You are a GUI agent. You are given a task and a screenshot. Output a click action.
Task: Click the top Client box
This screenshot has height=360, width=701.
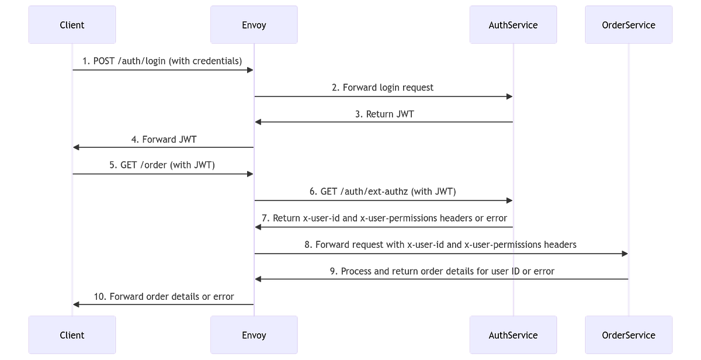tap(72, 25)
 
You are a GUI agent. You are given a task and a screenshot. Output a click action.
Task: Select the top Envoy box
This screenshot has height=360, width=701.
tap(254, 25)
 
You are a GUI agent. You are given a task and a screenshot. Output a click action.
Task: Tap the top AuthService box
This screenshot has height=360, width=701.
tap(513, 25)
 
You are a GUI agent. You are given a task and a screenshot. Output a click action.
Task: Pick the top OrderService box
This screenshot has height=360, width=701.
tap(629, 25)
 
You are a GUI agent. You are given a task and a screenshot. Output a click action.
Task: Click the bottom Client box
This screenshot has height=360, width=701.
tap(72, 335)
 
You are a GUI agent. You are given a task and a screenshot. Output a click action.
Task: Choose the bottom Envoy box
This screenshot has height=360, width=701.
tap(254, 335)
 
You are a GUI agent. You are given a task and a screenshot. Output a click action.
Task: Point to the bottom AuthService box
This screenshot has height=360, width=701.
tap(513, 335)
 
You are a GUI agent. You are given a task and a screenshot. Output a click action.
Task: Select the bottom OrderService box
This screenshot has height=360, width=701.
tap(629, 335)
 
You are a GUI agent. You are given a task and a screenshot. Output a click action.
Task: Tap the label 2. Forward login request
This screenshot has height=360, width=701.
tap(383, 88)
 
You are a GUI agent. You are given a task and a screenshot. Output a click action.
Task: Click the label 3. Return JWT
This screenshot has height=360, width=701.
tap(383, 114)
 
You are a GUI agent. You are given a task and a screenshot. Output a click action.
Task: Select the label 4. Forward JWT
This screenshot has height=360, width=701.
tap(164, 140)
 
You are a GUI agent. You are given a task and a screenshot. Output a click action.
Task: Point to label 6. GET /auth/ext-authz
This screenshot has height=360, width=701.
tap(383, 192)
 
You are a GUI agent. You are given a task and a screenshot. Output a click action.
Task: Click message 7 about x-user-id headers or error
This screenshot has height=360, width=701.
tap(383, 218)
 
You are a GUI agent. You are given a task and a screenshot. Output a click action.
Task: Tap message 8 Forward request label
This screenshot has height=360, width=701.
tap(441, 244)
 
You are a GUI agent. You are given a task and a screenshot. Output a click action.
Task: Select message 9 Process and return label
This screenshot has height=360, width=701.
tap(441, 271)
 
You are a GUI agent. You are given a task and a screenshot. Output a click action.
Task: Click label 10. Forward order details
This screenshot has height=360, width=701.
tap(164, 296)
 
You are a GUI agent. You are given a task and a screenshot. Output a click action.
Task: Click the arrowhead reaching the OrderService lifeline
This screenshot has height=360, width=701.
tap(624, 253)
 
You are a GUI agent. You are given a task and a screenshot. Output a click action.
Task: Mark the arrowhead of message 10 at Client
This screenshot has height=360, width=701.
tap(77, 304)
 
